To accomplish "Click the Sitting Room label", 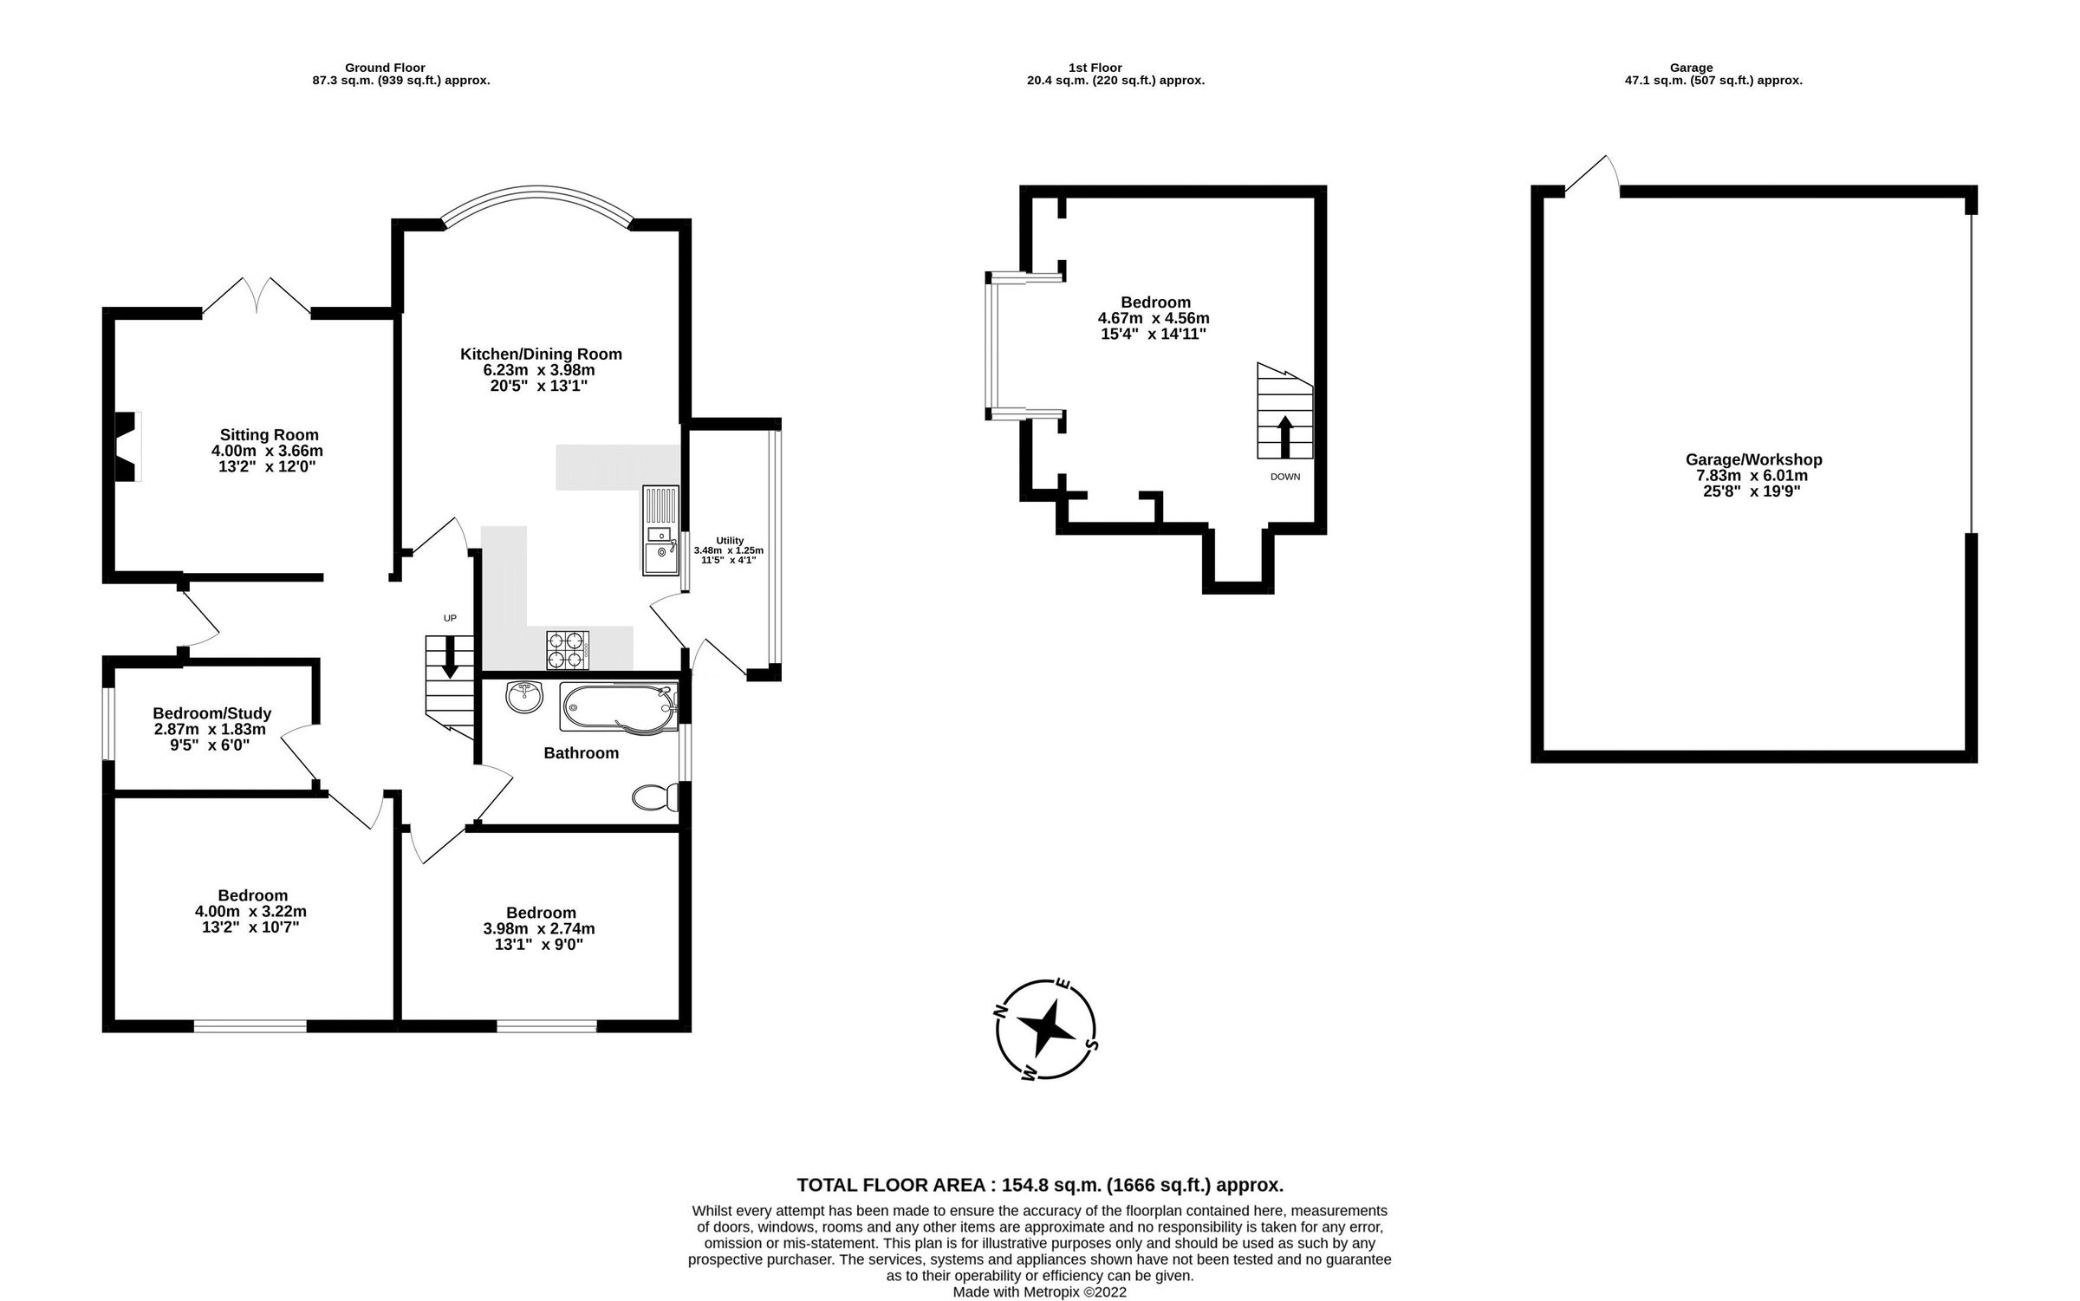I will point(269,435).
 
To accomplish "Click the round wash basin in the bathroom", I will point(523,696).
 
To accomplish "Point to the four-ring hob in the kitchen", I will point(568,650).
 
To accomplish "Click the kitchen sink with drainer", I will point(660,531).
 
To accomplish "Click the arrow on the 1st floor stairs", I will point(1284,436).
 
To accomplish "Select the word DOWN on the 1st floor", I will point(1285,477).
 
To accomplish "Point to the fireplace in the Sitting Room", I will point(127,446).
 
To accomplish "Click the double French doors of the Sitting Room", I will point(257,297).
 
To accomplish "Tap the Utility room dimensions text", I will point(728,555).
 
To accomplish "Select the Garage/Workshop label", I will point(1753,459).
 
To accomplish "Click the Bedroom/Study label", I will point(212,713).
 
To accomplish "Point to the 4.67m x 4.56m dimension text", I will point(1153,318).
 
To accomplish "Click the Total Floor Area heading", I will point(1039,1185).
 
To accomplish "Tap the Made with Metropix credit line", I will point(1039,1292).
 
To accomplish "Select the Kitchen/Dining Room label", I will point(541,354).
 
